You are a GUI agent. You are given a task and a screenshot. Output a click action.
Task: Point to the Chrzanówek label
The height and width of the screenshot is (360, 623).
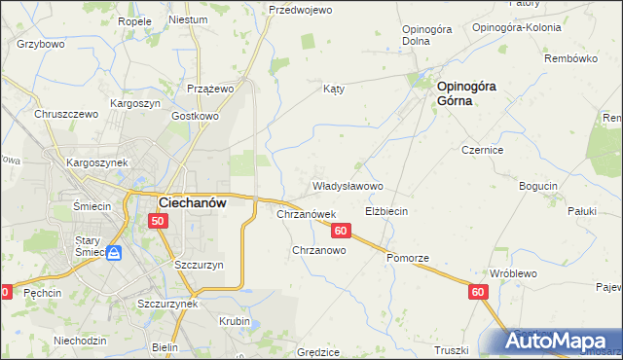307,214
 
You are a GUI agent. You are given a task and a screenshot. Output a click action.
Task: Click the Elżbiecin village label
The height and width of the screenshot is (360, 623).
385,211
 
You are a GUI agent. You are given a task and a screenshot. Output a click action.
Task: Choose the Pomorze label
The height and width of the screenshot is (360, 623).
407,258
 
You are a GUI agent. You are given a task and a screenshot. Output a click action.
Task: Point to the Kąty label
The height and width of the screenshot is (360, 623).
335,89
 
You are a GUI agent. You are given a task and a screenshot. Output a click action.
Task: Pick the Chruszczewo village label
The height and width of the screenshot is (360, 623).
67,114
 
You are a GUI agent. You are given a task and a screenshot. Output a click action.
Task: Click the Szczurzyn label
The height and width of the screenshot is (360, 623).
200,265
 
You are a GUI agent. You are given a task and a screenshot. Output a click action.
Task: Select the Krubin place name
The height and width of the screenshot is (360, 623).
234,321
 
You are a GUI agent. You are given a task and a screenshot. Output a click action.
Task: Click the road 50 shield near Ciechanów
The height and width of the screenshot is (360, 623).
160,222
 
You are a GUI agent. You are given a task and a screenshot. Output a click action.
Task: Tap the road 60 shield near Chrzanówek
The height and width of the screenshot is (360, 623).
341,231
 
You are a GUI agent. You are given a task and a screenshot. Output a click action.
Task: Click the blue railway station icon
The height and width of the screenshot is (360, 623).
113,253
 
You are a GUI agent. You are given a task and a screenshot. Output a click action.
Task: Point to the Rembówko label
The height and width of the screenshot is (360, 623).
571,58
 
